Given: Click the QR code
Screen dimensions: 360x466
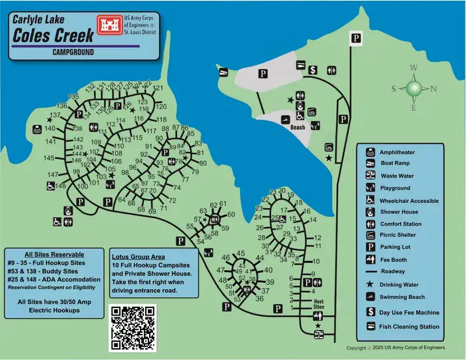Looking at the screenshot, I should coord(132,328).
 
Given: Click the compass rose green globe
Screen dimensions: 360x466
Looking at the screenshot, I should coord(414,89).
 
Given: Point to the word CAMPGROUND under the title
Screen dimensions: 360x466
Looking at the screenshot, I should coord(73,53).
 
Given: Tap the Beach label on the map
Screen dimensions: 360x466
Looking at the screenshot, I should coord(298,127).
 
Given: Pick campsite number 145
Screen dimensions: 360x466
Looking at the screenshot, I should coord(49,158).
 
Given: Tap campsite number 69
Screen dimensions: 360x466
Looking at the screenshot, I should coord(152,211).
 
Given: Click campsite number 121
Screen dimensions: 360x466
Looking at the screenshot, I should coord(158,89).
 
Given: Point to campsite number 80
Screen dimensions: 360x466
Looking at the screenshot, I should coord(203,163).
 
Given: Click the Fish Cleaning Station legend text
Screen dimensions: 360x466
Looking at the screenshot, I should coord(409,327).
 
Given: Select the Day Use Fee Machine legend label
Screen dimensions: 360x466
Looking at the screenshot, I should coord(408,311).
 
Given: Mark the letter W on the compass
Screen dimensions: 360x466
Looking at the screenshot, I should coord(413,68).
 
